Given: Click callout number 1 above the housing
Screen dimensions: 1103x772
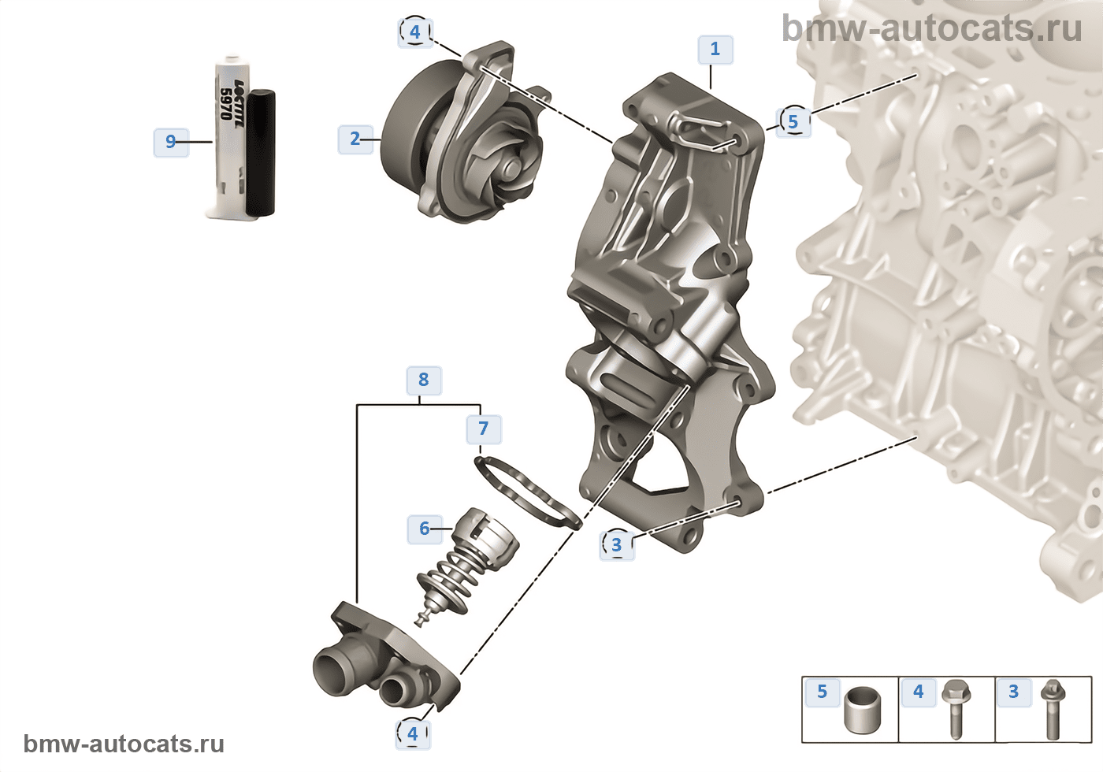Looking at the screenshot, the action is [715, 49].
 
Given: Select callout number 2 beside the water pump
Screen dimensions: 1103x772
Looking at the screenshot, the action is [355, 139].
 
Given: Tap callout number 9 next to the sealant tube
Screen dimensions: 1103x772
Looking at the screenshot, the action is [171, 143].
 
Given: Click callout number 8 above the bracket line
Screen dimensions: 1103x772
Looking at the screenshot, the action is [424, 380].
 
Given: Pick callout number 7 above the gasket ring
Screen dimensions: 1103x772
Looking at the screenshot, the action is [484, 429].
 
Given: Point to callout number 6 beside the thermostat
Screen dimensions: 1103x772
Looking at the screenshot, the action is [425, 529].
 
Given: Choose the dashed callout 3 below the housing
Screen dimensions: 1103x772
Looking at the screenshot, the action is [616, 545].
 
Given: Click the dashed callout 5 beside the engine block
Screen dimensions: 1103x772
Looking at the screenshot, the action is [793, 121].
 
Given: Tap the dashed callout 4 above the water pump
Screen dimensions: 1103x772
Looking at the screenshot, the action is [415, 32].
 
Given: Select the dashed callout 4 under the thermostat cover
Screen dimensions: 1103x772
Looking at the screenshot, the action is [413, 734].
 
